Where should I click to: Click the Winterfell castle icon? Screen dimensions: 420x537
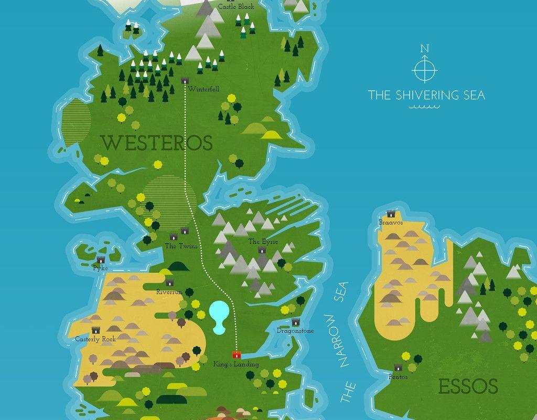coord(185,80)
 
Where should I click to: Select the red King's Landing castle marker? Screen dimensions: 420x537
coord(236,355)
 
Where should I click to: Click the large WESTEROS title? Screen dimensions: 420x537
coord(157,143)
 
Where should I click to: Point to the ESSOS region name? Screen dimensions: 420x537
coord(468,387)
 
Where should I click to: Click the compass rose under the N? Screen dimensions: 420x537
coord(425,69)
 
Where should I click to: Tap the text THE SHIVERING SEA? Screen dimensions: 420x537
coord(426,95)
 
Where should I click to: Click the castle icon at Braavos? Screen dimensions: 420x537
coord(391,214)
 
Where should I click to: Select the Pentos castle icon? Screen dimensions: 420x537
coord(398,367)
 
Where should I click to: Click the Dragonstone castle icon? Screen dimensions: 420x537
coord(296,322)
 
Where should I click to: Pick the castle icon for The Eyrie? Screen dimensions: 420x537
coord(262,250)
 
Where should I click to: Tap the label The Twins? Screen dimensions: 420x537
coord(181,246)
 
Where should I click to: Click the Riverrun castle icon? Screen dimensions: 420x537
coord(169,283)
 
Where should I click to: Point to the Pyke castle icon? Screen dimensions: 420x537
coord(101,260)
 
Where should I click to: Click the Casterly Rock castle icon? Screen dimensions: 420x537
coord(95,330)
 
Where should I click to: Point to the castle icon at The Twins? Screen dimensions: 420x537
coord(185,230)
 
